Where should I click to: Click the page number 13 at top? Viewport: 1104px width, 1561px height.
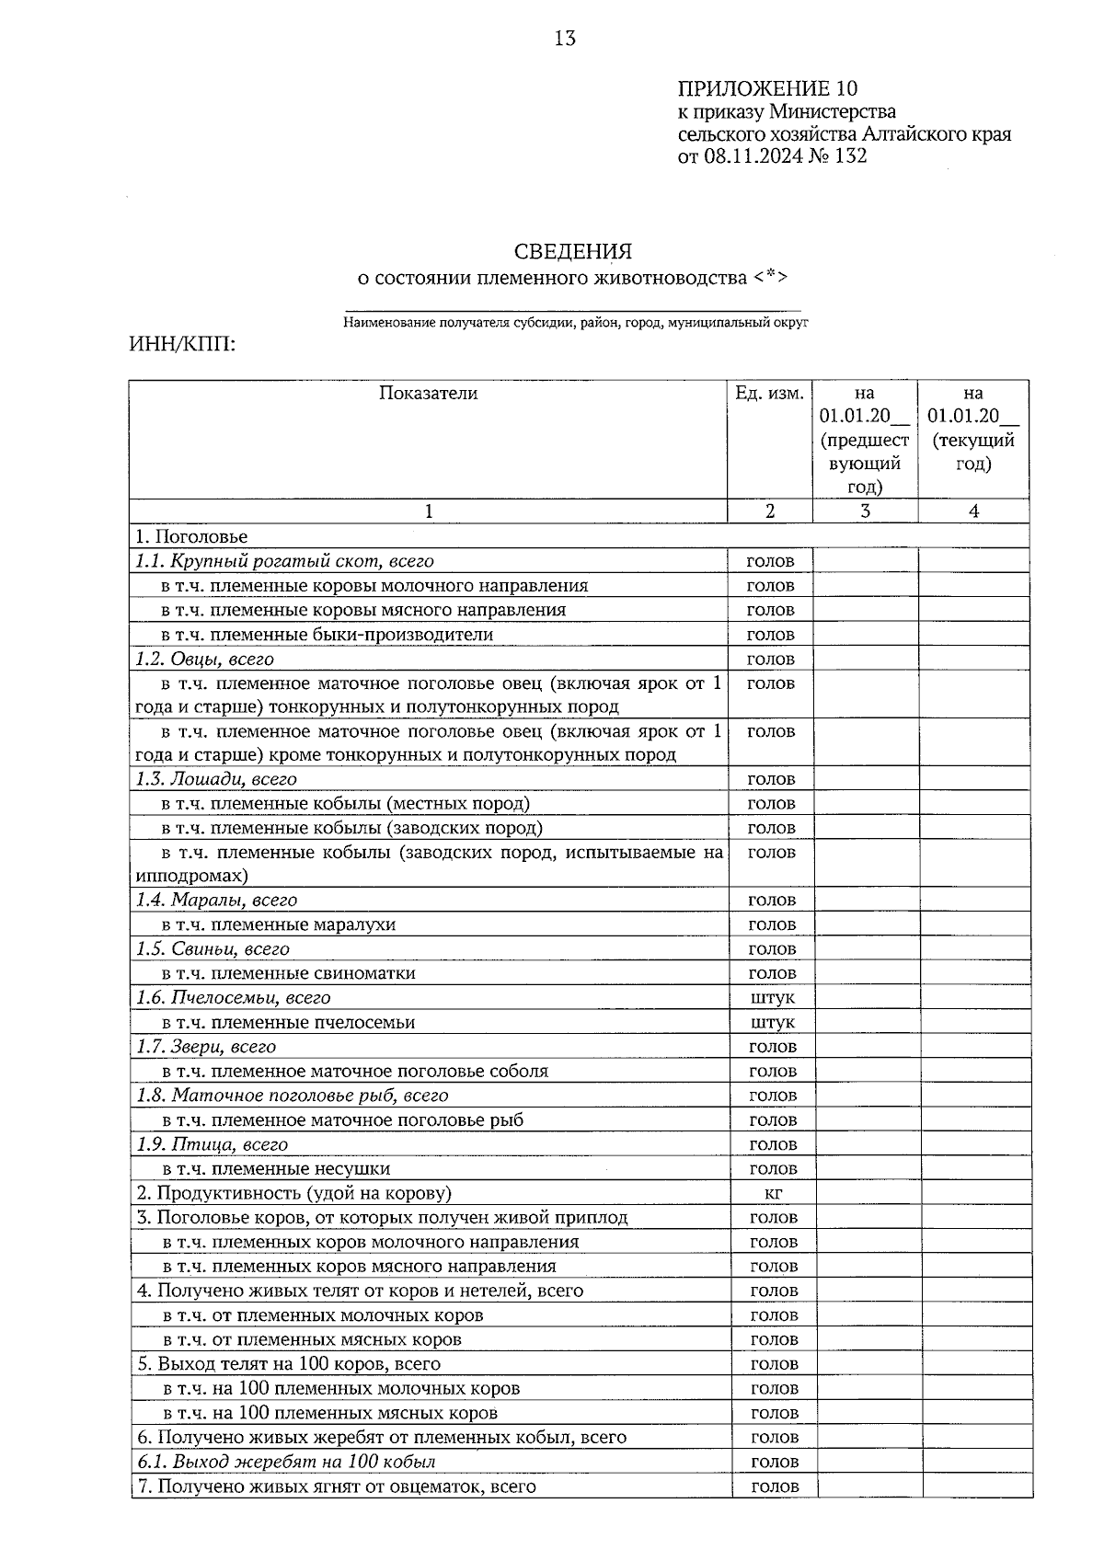(x=565, y=39)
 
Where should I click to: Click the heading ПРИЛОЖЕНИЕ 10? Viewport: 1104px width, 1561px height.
(x=767, y=89)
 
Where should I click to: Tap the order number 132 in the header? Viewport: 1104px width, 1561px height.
(x=849, y=156)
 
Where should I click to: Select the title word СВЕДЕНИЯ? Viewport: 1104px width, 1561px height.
(x=573, y=251)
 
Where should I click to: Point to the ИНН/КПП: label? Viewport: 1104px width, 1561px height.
(x=182, y=345)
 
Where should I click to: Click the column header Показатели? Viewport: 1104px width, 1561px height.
(x=428, y=394)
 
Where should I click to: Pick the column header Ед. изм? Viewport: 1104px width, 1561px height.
(x=770, y=394)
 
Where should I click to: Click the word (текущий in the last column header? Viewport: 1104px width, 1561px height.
(x=973, y=441)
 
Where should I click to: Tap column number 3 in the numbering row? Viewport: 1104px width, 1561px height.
(x=865, y=511)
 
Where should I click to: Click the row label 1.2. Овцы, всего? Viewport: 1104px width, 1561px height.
(x=204, y=660)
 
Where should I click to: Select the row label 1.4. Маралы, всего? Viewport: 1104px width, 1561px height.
(x=216, y=901)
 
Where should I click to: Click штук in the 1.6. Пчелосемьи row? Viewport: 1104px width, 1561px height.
(x=772, y=998)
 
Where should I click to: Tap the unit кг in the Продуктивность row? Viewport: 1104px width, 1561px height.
(x=773, y=1194)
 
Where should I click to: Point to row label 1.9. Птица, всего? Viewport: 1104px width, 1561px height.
(x=212, y=1145)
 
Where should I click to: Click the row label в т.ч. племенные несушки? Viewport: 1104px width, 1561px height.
(x=276, y=1169)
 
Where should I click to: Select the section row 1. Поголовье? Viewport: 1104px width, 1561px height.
(x=191, y=536)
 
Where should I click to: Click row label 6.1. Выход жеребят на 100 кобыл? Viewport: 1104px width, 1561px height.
(x=286, y=1462)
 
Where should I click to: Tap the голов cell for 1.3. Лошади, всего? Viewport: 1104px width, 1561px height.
(x=771, y=780)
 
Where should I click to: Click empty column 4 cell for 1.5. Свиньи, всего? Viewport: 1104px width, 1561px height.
(x=974, y=949)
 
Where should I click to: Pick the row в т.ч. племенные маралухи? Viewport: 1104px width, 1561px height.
(x=279, y=925)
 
